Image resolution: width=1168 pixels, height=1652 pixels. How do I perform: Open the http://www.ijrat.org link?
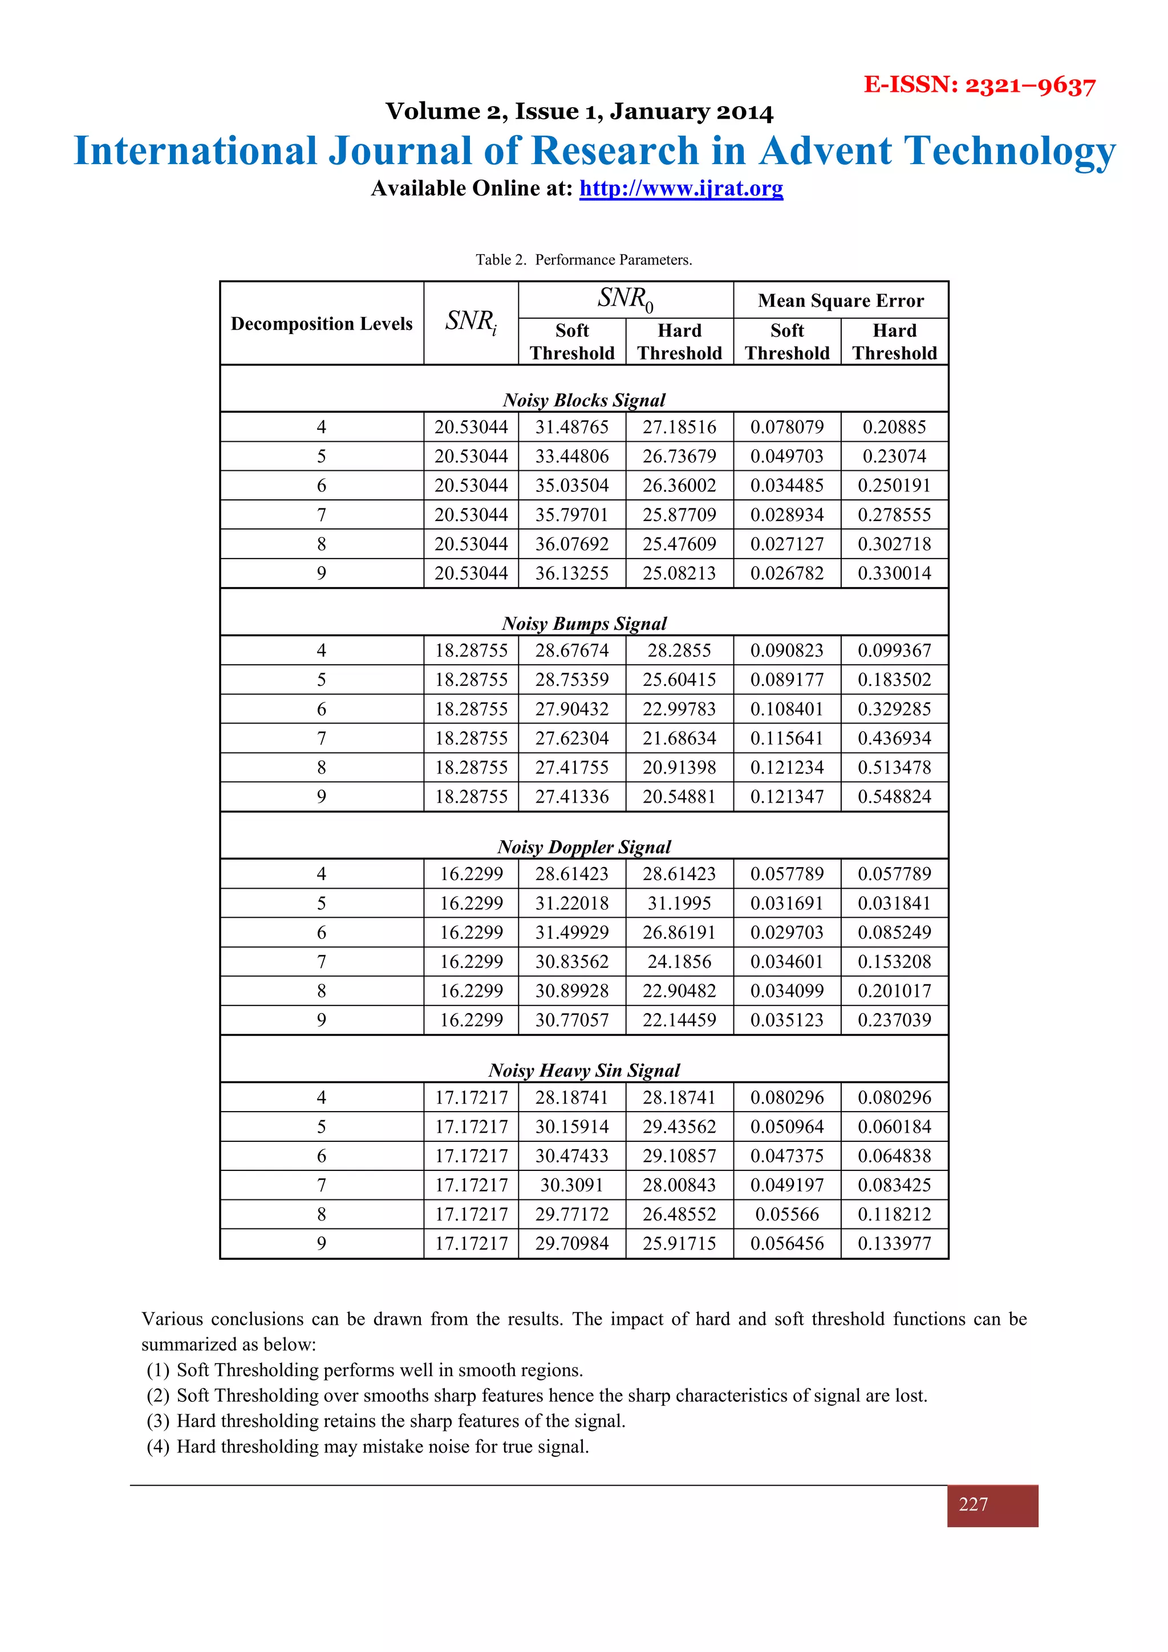[681, 189]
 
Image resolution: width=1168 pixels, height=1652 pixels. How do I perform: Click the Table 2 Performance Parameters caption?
[583, 260]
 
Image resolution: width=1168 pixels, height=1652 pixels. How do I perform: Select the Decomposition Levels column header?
[322, 324]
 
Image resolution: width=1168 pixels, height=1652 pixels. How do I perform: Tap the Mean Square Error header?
[841, 301]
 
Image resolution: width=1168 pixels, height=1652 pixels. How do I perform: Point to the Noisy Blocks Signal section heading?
[583, 400]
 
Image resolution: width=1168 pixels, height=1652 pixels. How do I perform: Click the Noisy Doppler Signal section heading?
[583, 847]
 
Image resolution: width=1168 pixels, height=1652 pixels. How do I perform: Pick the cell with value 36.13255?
[571, 573]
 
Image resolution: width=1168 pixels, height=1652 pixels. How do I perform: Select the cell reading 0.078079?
[786, 428]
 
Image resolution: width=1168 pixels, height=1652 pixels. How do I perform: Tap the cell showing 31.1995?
[679, 903]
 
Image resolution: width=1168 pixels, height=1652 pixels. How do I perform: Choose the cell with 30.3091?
[571, 1185]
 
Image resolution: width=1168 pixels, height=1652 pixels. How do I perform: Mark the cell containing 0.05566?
[786, 1215]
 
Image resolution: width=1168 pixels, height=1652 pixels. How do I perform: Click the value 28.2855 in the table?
[679, 651]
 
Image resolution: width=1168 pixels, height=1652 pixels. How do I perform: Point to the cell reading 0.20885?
[894, 428]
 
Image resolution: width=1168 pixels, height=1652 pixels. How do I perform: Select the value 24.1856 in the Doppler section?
[679, 962]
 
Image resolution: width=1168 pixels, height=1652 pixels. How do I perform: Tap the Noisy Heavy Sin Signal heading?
[583, 1071]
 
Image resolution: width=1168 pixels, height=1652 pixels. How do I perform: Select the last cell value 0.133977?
[894, 1244]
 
